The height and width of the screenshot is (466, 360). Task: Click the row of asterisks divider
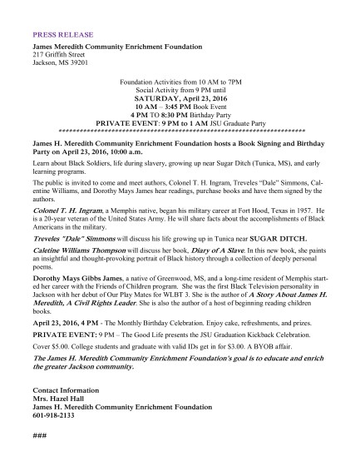180,131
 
